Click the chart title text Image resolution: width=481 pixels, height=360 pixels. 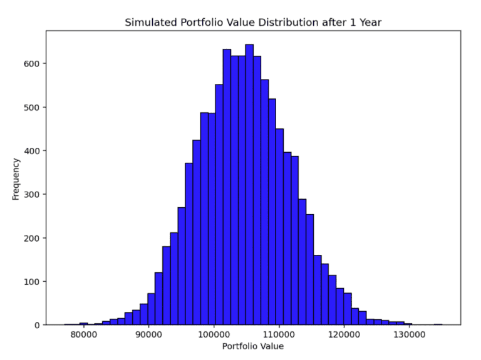pos(253,23)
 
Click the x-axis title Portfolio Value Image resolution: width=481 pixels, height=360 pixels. pos(253,346)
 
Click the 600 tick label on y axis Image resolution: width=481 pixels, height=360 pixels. pos(33,63)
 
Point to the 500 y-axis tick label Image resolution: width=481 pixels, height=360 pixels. pos(33,107)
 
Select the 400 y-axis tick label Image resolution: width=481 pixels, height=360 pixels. pos(33,150)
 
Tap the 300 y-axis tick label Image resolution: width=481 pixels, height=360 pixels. pos(33,194)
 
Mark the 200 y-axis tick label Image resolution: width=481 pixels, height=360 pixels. pos(33,238)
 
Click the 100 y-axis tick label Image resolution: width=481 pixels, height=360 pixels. pos(33,281)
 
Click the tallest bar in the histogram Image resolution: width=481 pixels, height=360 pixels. pos(249,188)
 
